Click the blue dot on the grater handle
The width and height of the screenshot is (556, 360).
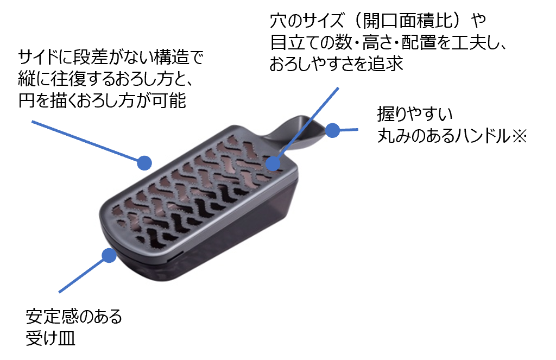click(x=332, y=130)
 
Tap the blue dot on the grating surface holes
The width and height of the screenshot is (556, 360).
click(x=273, y=162)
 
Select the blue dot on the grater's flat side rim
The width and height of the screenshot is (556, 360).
click(x=144, y=162)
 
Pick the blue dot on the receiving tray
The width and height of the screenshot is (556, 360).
click(x=109, y=255)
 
